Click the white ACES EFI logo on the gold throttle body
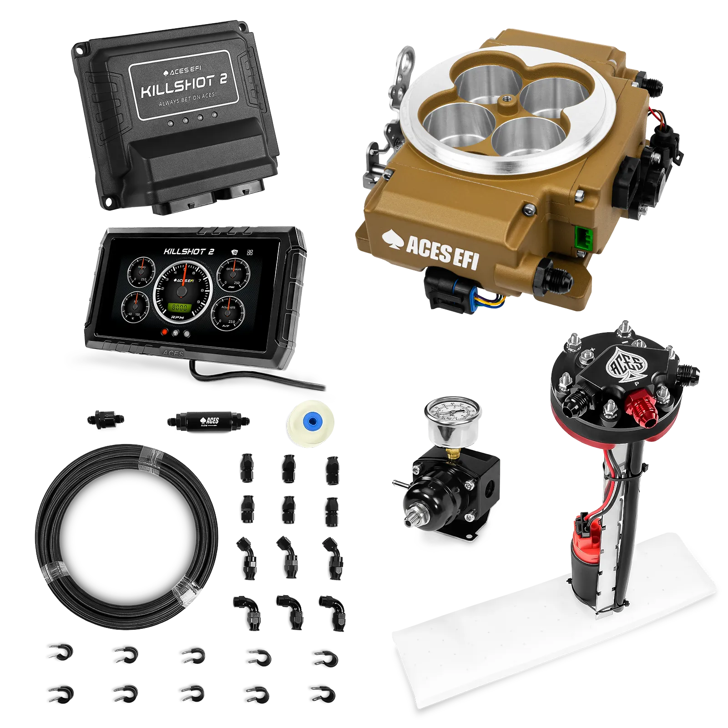coord(430,249)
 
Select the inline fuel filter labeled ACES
coord(207,420)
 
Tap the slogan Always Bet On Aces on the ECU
coord(187,100)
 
